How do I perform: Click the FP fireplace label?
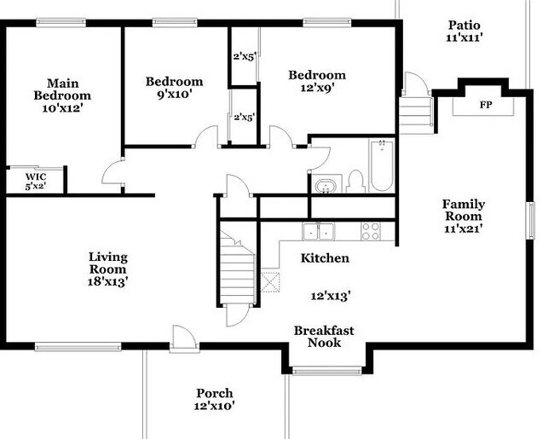click(x=486, y=105)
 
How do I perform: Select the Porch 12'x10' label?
click(x=214, y=400)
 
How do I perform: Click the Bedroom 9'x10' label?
click(x=174, y=88)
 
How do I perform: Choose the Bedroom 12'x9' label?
click(x=316, y=81)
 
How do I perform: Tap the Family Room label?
click(x=463, y=217)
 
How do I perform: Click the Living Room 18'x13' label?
click(x=108, y=268)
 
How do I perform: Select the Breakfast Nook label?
click(x=323, y=336)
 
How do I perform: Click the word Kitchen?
click(x=325, y=257)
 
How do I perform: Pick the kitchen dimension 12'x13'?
click(x=332, y=296)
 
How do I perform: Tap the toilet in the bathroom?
click(x=356, y=182)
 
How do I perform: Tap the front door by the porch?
click(x=181, y=338)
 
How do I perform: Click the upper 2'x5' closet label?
click(x=245, y=58)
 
